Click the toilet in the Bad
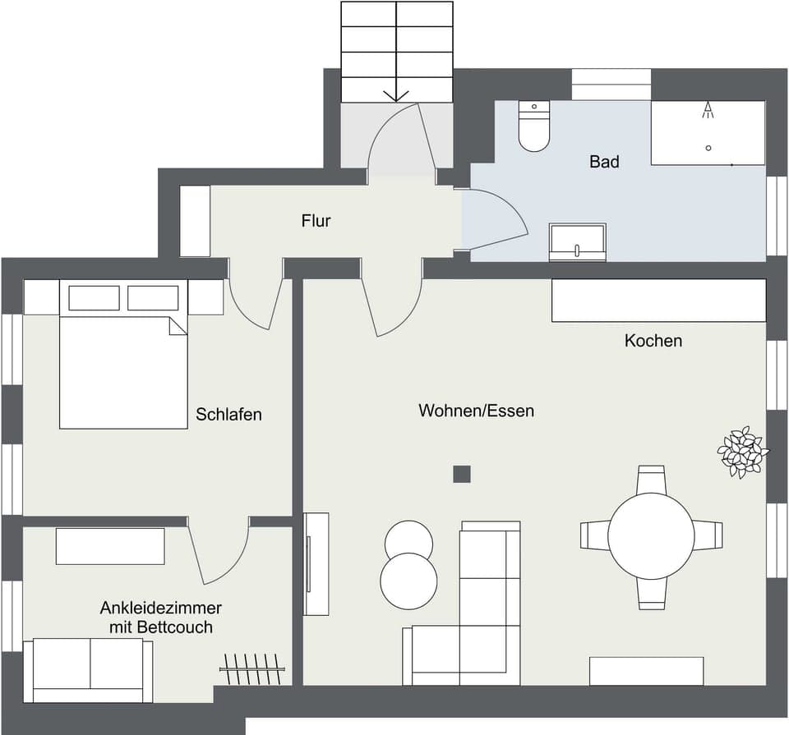tap(534, 127)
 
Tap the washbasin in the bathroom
tap(577, 242)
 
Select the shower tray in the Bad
tap(708, 133)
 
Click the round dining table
tap(651, 536)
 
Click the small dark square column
tap(462, 474)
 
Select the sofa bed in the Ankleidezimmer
tap(88, 671)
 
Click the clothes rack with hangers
tap(252, 668)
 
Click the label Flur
tap(316, 221)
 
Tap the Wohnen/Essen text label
tap(476, 411)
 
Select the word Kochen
tap(653, 341)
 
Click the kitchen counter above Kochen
tap(658, 301)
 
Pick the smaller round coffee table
tap(408, 540)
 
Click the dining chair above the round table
tap(651, 479)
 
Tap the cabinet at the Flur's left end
tap(195, 221)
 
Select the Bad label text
tap(604, 162)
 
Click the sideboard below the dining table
tap(646, 671)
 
